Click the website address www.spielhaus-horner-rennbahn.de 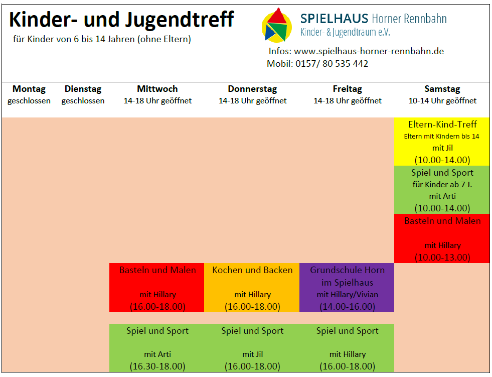point(369,51)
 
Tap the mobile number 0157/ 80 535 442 point(332,64)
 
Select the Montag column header point(29,89)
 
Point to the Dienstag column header point(83,89)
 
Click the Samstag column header point(442,89)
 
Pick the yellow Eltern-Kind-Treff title point(442,124)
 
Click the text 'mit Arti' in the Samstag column point(442,196)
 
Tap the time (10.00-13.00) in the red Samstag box point(442,257)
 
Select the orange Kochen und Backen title point(252,270)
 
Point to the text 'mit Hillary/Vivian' point(347,295)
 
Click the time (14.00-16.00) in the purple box point(347,306)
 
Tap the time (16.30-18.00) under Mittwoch point(157,366)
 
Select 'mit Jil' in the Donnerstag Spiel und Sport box point(252,354)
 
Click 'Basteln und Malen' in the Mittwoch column point(157,270)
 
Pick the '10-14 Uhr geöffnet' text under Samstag point(442,101)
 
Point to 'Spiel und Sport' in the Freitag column point(347,331)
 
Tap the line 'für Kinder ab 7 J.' point(442,184)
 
